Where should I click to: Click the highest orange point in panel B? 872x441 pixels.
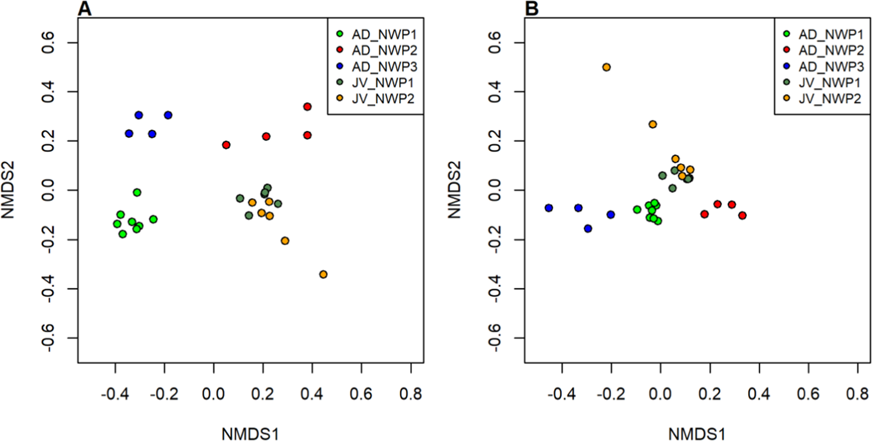606,67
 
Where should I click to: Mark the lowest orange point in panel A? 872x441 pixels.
323,274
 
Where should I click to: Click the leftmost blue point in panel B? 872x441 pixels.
549,208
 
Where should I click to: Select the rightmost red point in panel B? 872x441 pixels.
742,216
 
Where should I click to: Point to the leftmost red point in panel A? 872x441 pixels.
226,145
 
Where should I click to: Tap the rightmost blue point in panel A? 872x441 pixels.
168,115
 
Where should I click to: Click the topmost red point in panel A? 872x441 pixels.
307,106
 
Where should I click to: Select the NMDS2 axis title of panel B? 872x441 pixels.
457,190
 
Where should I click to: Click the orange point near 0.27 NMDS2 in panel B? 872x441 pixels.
653,124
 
